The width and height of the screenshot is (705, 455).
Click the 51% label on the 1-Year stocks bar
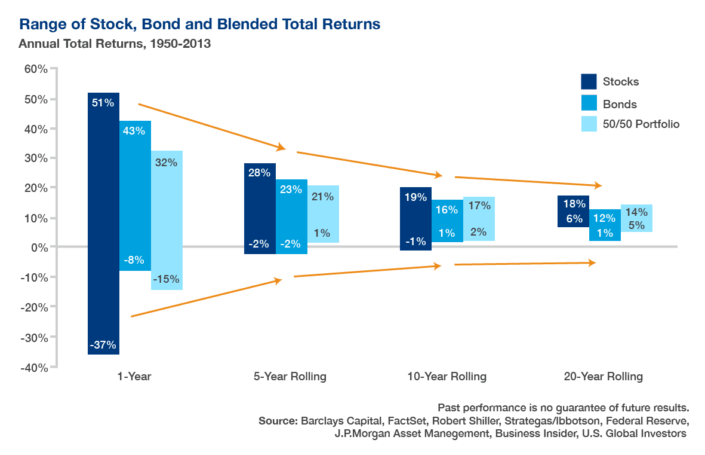(x=103, y=103)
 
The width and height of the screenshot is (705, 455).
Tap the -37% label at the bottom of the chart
(x=103, y=345)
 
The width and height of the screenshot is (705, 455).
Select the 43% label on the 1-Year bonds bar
(x=134, y=131)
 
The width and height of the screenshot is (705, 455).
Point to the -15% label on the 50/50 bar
(x=166, y=279)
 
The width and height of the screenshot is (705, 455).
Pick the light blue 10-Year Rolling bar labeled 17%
(x=479, y=219)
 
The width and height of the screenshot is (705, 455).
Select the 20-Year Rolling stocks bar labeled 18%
(x=573, y=211)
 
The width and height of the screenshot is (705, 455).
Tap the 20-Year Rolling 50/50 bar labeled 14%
(x=636, y=218)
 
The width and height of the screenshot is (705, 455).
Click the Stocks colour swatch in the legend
(x=589, y=82)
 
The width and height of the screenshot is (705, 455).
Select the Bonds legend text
(x=620, y=104)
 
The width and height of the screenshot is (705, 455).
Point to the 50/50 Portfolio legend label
(x=641, y=124)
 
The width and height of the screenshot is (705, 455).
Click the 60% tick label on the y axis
(x=35, y=69)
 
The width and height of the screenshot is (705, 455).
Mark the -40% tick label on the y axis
(x=34, y=367)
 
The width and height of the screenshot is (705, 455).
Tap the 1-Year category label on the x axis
(x=134, y=377)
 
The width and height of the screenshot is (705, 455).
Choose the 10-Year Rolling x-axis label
(x=447, y=377)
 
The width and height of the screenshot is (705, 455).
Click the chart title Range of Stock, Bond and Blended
(x=200, y=25)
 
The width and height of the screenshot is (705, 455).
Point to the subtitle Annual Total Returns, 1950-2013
(x=115, y=44)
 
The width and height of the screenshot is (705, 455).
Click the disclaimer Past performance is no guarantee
(x=564, y=408)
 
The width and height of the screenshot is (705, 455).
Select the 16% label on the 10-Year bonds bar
(x=447, y=210)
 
